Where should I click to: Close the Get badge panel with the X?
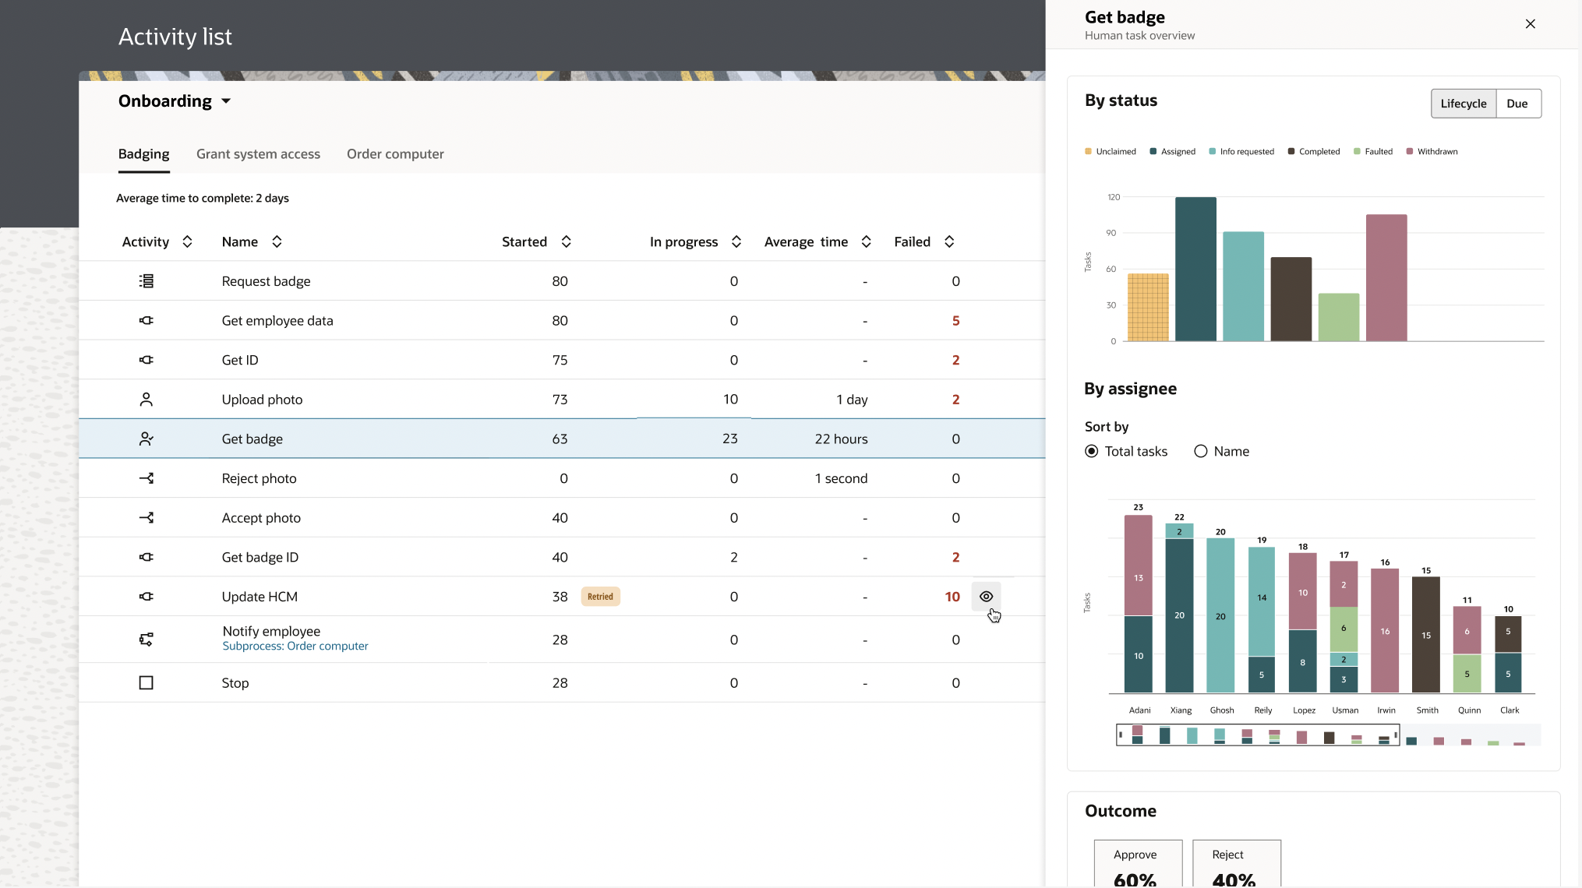click(1530, 24)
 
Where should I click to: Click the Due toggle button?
click(1517, 104)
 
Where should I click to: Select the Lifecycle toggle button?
click(1463, 104)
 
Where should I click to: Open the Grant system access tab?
click(258, 154)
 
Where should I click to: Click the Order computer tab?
click(395, 154)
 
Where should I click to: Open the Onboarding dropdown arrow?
click(226, 101)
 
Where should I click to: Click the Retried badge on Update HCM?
click(600, 597)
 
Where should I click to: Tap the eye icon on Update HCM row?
click(986, 597)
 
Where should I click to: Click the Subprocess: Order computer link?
click(295, 646)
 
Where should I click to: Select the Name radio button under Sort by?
click(1201, 451)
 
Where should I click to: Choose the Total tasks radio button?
click(1092, 451)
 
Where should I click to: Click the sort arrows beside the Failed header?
click(949, 242)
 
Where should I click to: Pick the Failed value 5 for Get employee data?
click(955, 321)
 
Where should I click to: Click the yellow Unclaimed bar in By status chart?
click(1148, 308)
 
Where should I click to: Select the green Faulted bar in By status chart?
click(1338, 317)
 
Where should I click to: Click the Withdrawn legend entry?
click(1432, 152)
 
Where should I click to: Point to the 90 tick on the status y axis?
click(1111, 233)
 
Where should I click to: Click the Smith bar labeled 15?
click(1425, 635)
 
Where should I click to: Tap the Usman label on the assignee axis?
click(1344, 710)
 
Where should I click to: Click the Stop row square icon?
click(146, 683)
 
